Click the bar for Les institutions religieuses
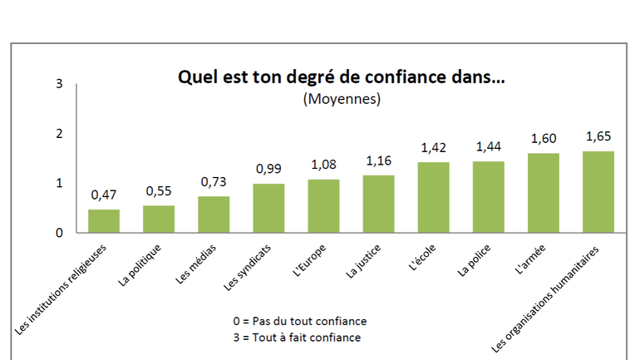tap(104, 221)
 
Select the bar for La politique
tap(159, 219)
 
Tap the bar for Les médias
tap(214, 215)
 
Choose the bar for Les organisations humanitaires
tap(598, 192)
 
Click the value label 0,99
tap(268, 169)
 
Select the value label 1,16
tap(378, 160)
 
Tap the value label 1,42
tap(433, 147)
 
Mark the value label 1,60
tap(544, 138)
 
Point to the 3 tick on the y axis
tap(59, 83)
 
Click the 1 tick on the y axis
tap(59, 183)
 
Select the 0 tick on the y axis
tap(59, 233)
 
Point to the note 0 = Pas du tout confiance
tap(300, 321)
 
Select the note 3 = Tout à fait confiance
tap(299, 338)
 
